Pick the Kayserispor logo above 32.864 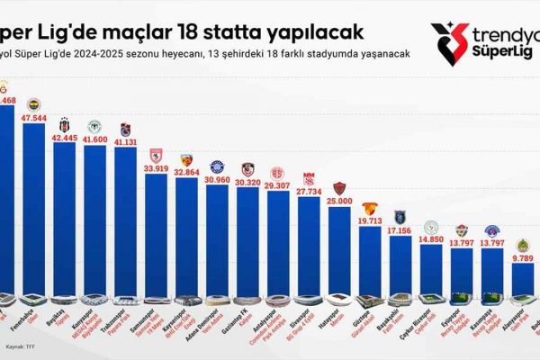[x=187, y=158]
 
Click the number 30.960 [x=218, y=181]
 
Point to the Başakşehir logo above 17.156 [x=400, y=217]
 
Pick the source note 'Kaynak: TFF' [x=22, y=345]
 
